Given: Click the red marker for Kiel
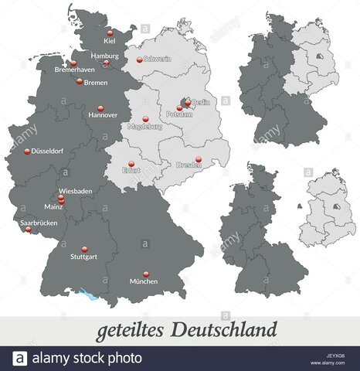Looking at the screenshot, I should coord(110,32).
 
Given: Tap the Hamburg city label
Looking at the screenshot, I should coord(104,56).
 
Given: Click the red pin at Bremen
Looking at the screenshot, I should coord(79,80).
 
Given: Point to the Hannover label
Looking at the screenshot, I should coord(103,115).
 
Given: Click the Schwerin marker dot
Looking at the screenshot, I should coord(140,60).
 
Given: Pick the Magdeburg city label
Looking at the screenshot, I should coord(145,127).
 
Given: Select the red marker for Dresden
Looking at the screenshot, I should coord(198,159).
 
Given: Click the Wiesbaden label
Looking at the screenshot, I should coord(76,190).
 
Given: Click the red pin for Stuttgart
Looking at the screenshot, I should coord(84,249).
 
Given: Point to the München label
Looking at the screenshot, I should coord(144,281).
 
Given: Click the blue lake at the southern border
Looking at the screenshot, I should coord(77,291).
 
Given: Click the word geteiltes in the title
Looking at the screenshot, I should coord(128,331).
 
